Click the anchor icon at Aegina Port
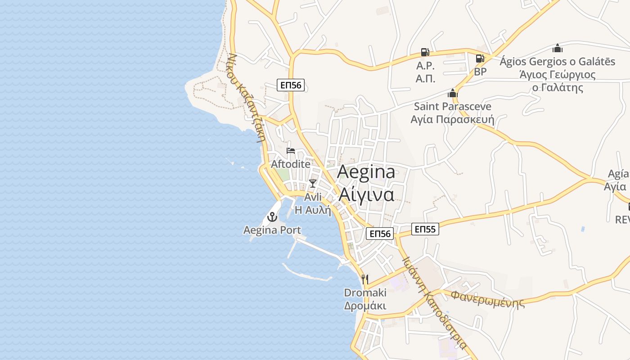pos(272,217)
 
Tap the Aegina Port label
pos(272,230)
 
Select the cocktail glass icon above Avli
pos(313,184)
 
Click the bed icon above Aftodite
pos(291,151)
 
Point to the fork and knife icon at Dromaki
pos(365,279)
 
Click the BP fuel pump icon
pos(480,58)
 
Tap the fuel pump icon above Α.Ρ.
pos(425,52)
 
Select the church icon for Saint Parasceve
pos(452,93)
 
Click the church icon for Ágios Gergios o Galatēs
pos(558,48)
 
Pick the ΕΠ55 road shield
pos(425,229)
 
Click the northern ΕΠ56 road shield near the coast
pos(291,85)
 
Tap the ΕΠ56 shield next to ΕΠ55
pos(380,233)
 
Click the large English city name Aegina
pos(366,171)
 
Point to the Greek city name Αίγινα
pos(366,194)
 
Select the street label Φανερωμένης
pos(487,299)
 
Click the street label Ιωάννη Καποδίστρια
pos(434,303)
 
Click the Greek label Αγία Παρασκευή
pos(452,120)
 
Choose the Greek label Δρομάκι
pos(365,306)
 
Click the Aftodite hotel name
pos(291,164)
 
